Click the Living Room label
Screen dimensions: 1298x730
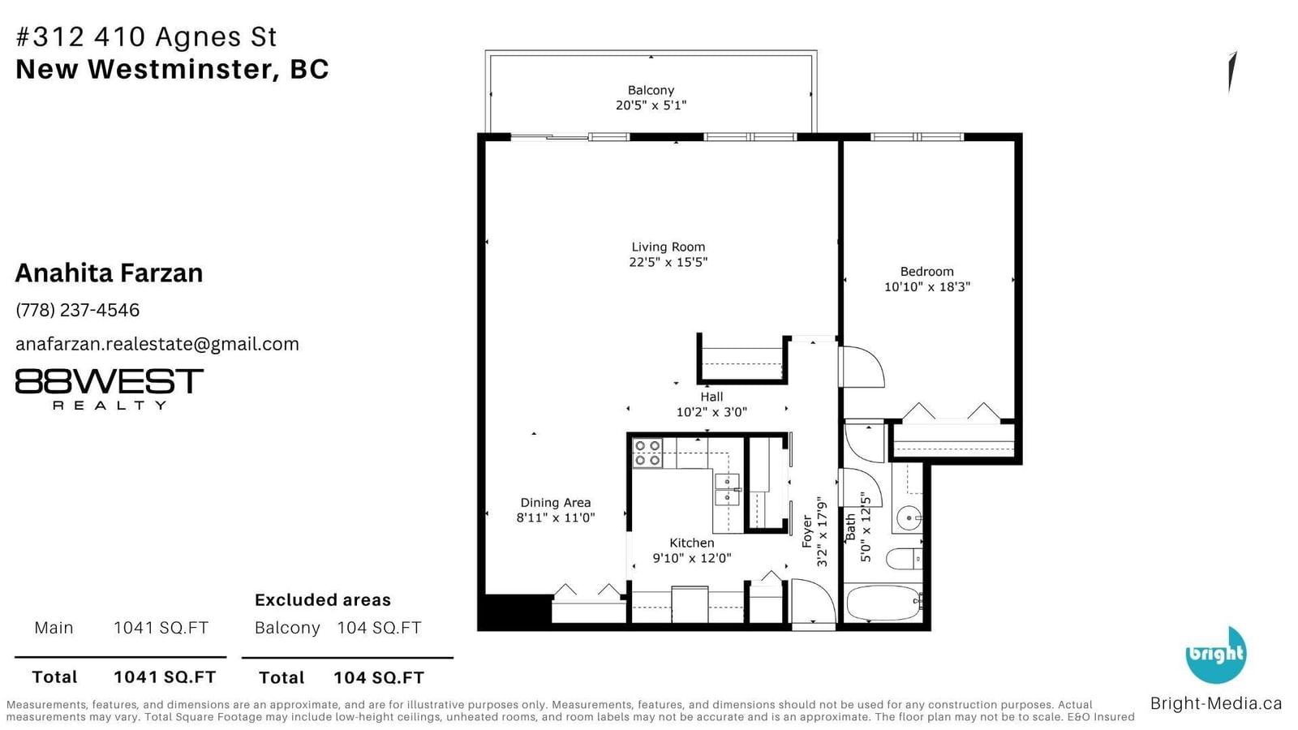click(668, 247)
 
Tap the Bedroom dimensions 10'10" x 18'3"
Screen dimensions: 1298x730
click(926, 287)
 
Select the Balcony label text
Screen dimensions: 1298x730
click(651, 90)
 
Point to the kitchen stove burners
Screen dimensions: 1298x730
click(647, 453)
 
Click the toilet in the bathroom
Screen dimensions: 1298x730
click(904, 559)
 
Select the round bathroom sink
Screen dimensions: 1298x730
click(909, 518)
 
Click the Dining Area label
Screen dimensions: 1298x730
click(556, 503)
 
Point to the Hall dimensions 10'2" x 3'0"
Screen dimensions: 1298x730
click(711, 412)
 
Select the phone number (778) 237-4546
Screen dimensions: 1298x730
click(78, 311)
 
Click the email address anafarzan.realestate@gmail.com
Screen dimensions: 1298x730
click(157, 344)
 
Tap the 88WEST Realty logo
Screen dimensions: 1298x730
click(109, 389)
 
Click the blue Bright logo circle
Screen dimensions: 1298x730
click(1216, 655)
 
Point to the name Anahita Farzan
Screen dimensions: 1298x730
click(109, 273)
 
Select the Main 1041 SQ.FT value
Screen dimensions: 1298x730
click(161, 628)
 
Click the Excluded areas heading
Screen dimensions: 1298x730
click(323, 599)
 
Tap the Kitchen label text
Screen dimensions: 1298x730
click(692, 543)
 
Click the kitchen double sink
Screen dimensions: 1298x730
click(727, 490)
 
